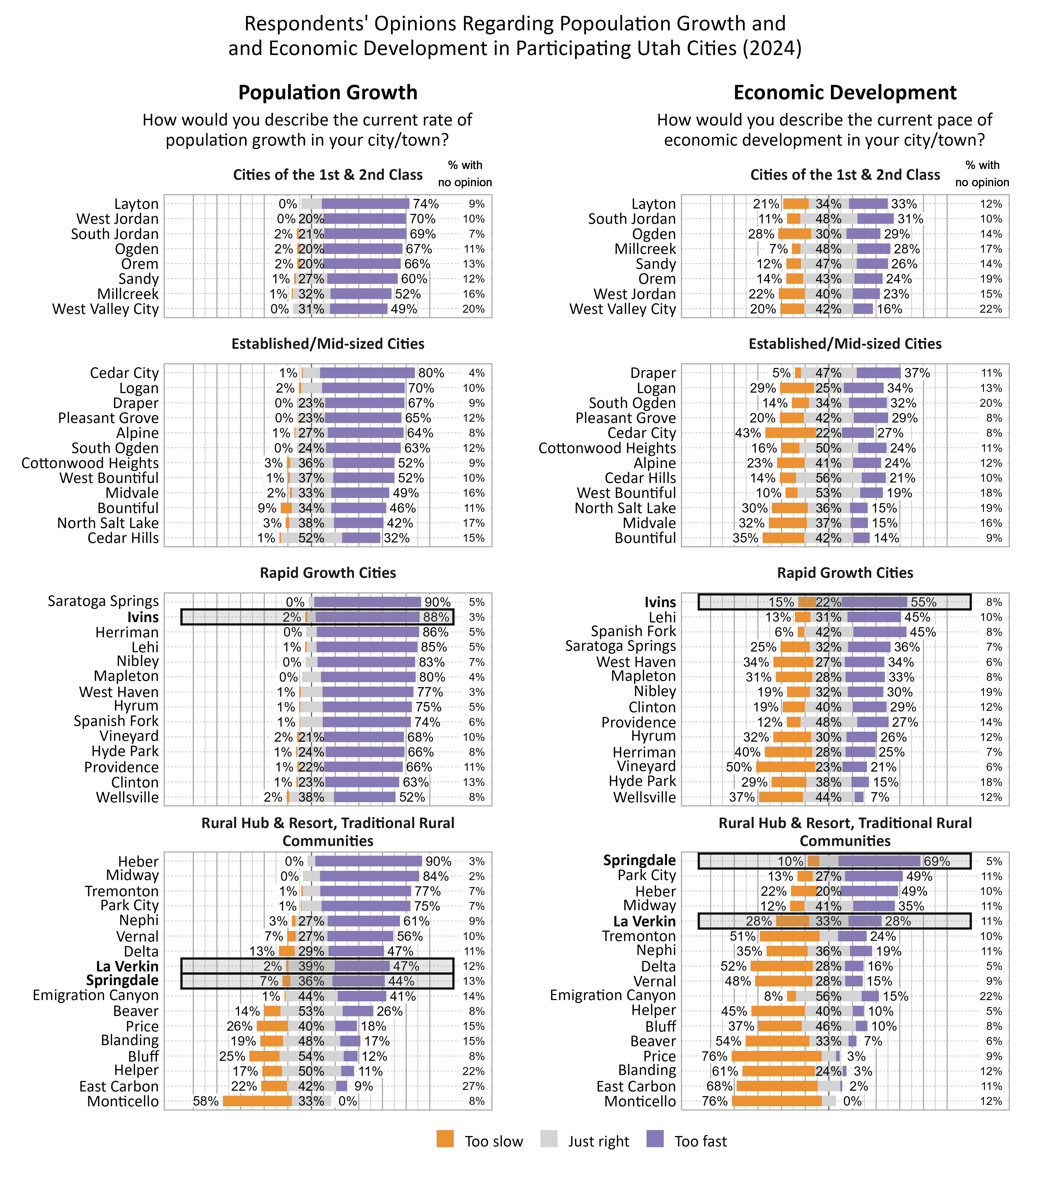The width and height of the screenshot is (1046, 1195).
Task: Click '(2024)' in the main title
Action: tap(772, 48)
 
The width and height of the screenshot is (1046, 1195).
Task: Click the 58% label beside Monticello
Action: tap(205, 1101)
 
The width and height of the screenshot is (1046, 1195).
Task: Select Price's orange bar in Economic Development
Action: tap(776, 1056)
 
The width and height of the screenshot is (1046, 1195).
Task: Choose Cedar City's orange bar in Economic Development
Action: tap(790, 433)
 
